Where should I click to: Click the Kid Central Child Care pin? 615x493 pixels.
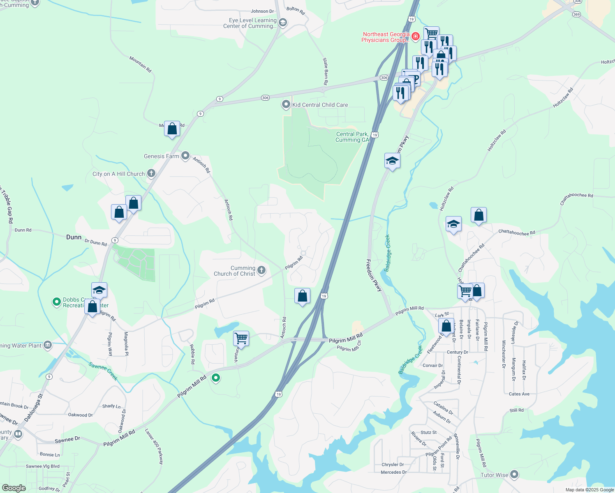coord(286,105)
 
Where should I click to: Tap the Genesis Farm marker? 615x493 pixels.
coord(185,156)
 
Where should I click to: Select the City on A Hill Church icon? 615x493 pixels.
coord(151,173)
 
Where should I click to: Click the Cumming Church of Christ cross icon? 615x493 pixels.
coord(261,270)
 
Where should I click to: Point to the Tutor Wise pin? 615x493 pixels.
coord(514,475)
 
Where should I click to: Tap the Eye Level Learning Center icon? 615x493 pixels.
coord(282,23)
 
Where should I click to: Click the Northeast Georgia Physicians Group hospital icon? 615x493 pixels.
coord(416,37)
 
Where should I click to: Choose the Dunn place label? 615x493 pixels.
coord(74,237)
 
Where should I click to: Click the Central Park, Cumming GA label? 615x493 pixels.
coord(352,137)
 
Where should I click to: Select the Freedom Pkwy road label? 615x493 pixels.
coord(374,275)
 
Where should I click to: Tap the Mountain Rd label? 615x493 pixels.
coord(141,65)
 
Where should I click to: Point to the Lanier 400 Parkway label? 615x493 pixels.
coord(154,447)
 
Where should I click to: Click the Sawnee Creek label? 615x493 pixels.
coord(104,371)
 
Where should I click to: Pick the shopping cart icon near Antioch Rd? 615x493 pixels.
coord(241,339)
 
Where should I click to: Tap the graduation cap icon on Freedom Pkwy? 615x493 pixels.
coord(392,161)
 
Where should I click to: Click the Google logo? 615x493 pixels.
coord(14,488)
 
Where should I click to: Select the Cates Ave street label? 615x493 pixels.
coord(519,394)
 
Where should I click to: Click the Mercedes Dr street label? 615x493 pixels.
coord(393,472)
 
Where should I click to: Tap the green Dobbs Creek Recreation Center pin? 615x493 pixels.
coord(57,302)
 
